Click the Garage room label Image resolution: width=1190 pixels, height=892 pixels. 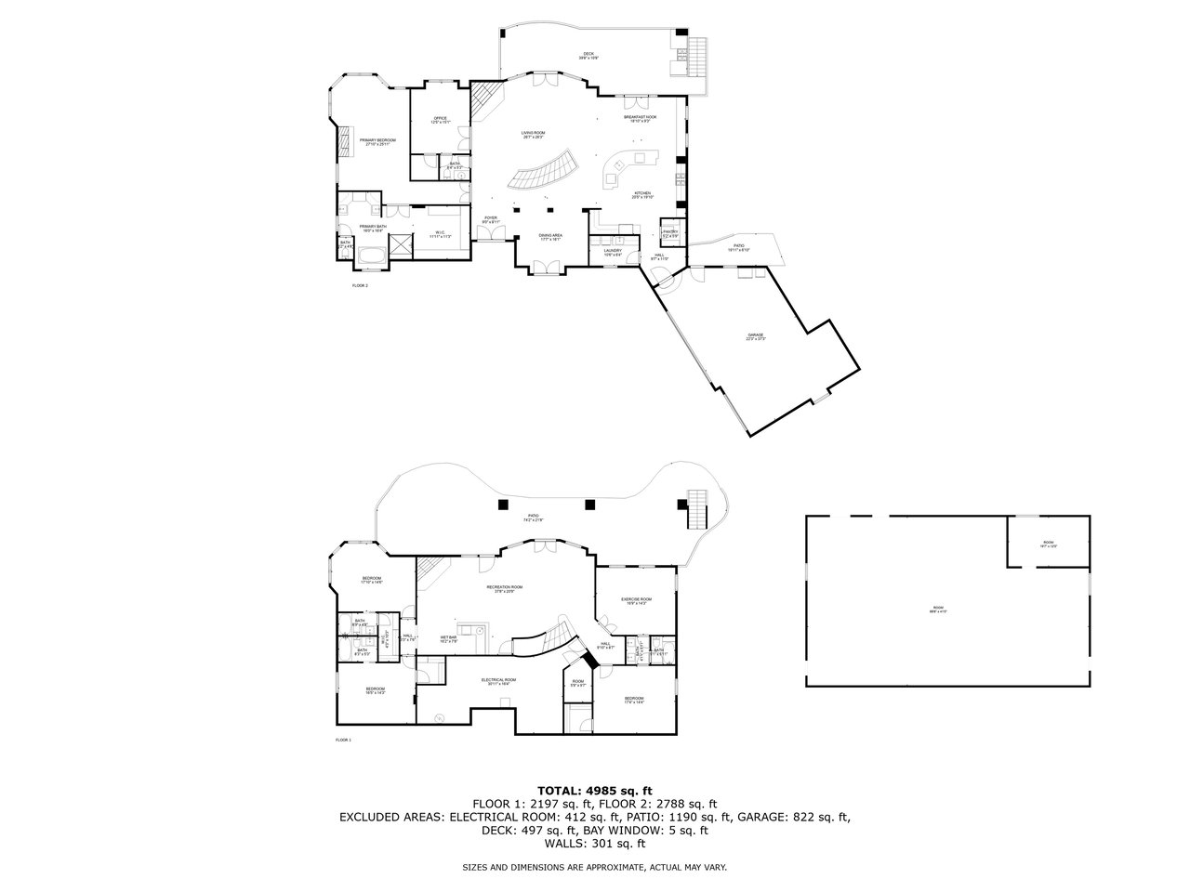[755, 336]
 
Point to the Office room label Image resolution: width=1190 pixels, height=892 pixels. [441, 120]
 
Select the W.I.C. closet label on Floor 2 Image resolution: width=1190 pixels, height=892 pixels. [440, 234]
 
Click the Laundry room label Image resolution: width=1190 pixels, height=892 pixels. [612, 252]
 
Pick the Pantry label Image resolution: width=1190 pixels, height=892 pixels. [669, 233]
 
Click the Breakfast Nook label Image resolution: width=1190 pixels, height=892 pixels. [640, 119]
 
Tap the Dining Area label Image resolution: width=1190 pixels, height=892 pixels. [550, 237]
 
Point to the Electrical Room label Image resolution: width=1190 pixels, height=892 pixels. [498, 681]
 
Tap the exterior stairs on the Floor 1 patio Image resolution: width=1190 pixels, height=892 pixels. [695, 508]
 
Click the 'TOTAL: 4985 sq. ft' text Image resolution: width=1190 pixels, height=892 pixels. [595, 791]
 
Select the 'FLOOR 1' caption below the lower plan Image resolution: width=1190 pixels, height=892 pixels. [343, 740]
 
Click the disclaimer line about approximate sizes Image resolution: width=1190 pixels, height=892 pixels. [595, 867]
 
